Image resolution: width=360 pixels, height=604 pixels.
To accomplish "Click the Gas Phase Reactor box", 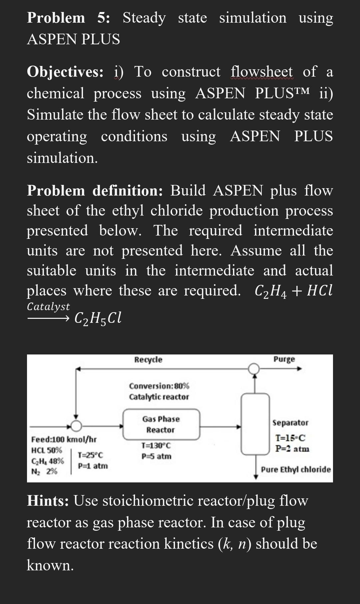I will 161,424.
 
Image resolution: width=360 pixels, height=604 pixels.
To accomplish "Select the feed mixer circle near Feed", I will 77,425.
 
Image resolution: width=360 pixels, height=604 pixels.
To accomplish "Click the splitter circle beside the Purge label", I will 254,368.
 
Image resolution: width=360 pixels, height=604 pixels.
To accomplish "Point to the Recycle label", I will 148,360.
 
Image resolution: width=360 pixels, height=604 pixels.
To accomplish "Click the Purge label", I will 284,359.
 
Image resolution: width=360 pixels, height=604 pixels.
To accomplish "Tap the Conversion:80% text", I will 159,386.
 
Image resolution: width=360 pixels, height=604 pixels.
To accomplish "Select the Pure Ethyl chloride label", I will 296,470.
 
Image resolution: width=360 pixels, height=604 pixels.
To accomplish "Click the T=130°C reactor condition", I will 156,445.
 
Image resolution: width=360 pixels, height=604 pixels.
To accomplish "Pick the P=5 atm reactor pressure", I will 156,456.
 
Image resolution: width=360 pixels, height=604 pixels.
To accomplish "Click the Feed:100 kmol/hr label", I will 64,439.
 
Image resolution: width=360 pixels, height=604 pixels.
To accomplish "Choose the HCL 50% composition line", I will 47,450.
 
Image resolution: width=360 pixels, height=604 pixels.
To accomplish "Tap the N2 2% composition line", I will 44,471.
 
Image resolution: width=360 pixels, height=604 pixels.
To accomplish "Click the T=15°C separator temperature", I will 290,438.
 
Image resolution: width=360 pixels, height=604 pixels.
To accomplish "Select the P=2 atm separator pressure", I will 292,449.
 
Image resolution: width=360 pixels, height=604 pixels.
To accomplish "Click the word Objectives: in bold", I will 65,72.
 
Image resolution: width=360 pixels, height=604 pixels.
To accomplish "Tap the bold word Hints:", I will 48,501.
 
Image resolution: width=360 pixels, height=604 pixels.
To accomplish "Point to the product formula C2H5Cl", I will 98,318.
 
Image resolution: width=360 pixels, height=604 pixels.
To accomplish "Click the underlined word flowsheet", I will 262,72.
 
